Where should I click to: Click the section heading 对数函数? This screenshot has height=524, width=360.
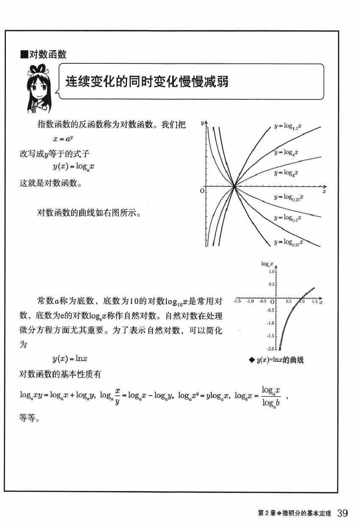pyautogui.click(x=47, y=54)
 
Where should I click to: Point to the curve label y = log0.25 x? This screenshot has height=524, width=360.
pyautogui.click(x=289, y=197)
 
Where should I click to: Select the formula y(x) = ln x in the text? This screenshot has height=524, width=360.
pyautogui.click(x=70, y=359)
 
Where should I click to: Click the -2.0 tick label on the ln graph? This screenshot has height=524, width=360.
pyautogui.click(x=269, y=349)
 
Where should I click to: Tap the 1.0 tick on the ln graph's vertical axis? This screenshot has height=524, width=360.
pyautogui.click(x=271, y=272)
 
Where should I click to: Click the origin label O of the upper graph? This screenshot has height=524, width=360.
pyautogui.click(x=202, y=191)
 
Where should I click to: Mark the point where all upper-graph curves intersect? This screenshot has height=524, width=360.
pyautogui.click(x=234, y=186)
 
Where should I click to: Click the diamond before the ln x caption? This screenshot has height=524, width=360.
pyautogui.click(x=252, y=360)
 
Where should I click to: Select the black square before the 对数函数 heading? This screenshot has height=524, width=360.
pyautogui.click(x=24, y=55)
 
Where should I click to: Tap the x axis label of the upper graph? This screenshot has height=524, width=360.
pyautogui.click(x=324, y=192)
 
